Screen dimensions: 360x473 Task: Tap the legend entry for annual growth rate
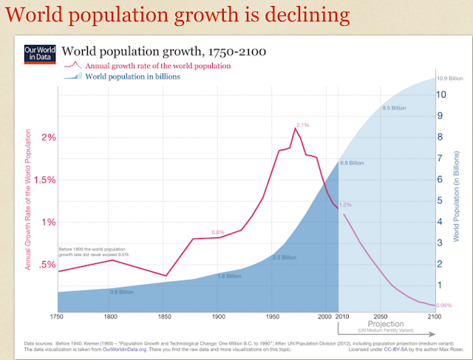point(157,66)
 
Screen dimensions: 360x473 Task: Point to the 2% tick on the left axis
point(50,137)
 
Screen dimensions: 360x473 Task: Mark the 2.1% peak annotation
point(302,124)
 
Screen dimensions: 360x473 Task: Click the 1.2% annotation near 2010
point(346,205)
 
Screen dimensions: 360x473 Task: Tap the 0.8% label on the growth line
point(218,232)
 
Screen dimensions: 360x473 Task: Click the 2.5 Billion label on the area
point(284,257)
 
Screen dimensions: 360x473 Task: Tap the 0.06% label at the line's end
point(445,305)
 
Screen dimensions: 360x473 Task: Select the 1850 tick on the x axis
point(164,317)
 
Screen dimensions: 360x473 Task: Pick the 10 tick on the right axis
point(442,95)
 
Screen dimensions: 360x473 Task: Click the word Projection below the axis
point(387,324)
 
